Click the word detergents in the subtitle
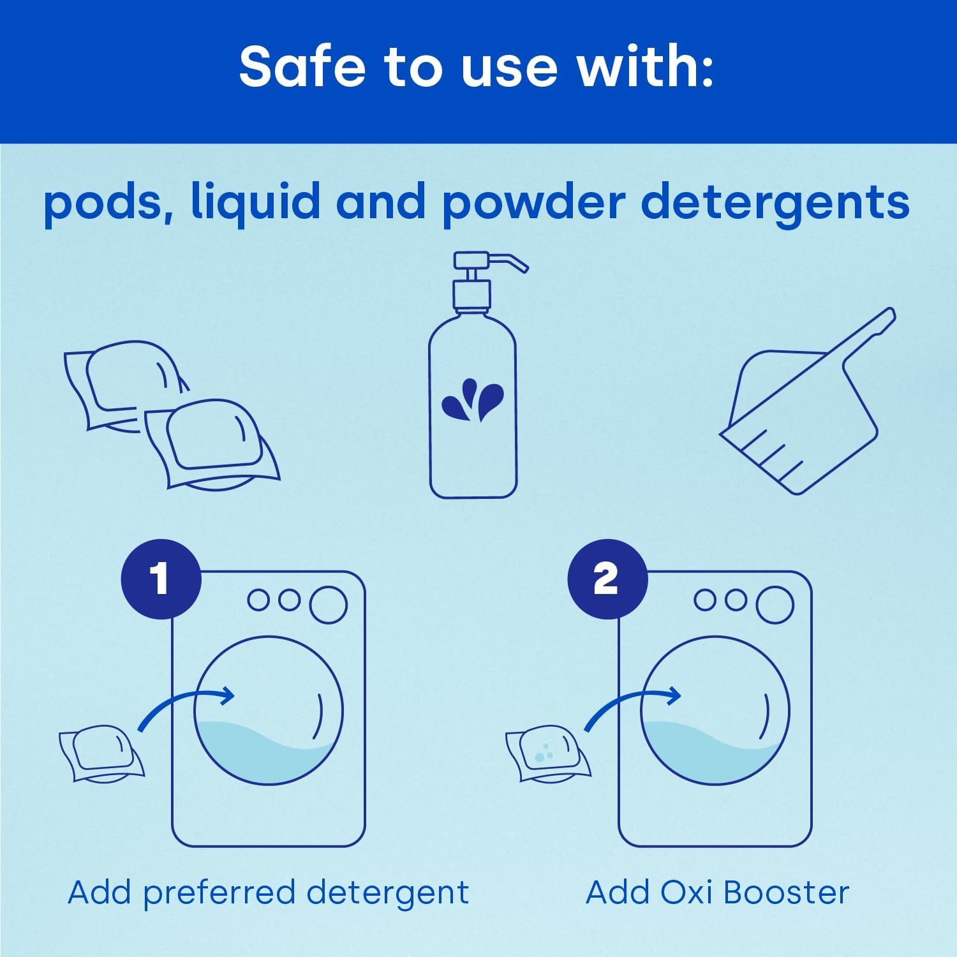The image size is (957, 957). point(775,204)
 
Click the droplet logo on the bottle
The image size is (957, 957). point(472,400)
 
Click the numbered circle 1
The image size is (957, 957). point(161,579)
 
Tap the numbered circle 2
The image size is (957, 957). point(607,579)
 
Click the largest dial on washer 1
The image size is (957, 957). point(328,604)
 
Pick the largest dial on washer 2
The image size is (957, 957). point(775,604)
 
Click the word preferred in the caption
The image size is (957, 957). point(218,893)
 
